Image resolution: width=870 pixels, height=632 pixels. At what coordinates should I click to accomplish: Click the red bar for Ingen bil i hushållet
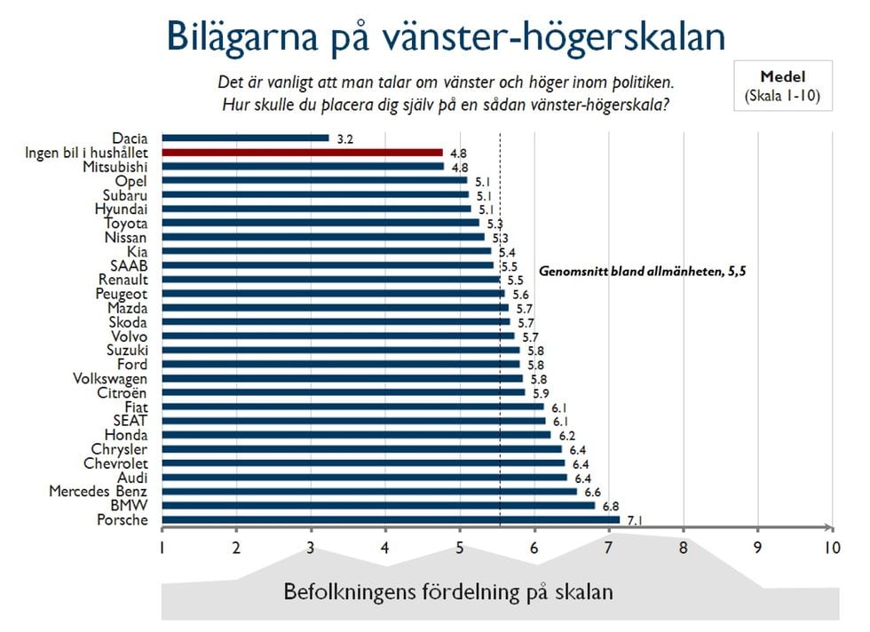pyautogui.click(x=302, y=153)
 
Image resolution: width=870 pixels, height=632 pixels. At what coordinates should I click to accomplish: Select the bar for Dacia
pyautogui.click(x=245, y=138)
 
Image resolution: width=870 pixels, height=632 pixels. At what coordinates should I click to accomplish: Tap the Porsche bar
pyautogui.click(x=391, y=519)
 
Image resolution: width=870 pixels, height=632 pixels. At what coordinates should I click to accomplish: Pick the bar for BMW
pyautogui.click(x=378, y=505)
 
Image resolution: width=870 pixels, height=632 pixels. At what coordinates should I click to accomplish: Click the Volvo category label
pyautogui.click(x=128, y=336)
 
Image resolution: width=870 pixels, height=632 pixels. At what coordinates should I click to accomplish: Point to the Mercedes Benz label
pyautogui.click(x=99, y=491)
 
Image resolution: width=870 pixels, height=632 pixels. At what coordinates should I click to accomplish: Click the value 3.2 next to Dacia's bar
pyautogui.click(x=344, y=139)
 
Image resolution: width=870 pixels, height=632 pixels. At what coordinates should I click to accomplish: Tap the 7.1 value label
pyautogui.click(x=636, y=520)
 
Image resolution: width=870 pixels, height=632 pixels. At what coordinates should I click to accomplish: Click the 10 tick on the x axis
pyautogui.click(x=830, y=549)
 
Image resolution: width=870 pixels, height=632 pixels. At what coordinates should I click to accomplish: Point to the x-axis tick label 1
pyautogui.click(x=162, y=549)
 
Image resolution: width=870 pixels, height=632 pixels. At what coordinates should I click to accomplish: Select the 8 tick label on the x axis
pyautogui.click(x=683, y=549)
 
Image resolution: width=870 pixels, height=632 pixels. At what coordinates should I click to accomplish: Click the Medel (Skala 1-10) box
pyautogui.click(x=783, y=86)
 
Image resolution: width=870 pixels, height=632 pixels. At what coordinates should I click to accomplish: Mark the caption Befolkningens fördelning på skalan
pyautogui.click(x=448, y=591)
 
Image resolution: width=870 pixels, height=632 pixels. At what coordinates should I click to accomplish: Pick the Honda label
pyautogui.click(x=126, y=435)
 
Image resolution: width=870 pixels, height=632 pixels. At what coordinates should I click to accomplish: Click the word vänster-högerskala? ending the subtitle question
pyautogui.click(x=590, y=104)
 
